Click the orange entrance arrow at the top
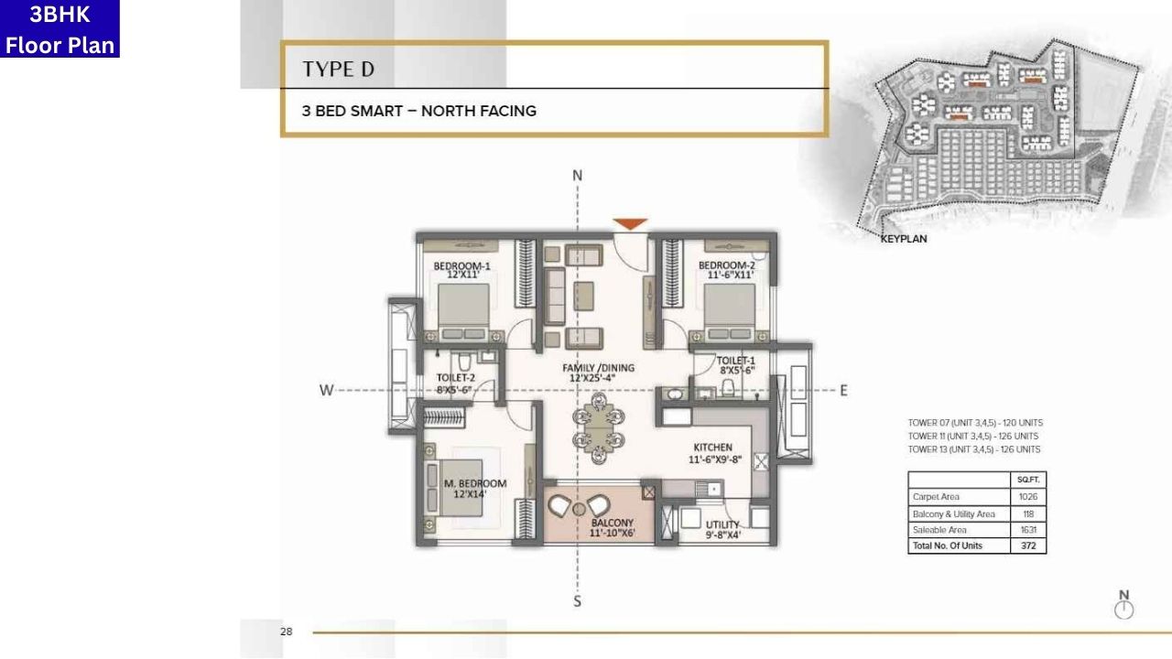630,223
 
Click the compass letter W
325,391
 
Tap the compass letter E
843,391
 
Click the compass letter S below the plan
577,601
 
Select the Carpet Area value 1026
1027,497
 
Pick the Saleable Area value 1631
1027,530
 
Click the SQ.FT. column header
1027,480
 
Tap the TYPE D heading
338,69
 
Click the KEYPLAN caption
903,239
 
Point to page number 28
286,632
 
